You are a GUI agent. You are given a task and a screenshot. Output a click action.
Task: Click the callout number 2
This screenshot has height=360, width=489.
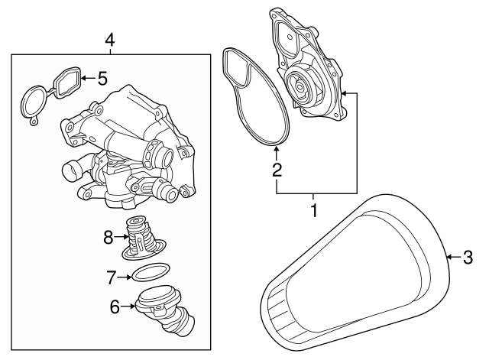tap(278, 170)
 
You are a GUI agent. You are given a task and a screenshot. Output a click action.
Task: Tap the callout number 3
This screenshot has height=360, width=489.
tap(468, 258)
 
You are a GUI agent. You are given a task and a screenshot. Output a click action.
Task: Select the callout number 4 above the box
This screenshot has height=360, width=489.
tap(110, 39)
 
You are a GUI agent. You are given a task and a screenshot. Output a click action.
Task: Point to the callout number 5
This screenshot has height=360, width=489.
tap(102, 76)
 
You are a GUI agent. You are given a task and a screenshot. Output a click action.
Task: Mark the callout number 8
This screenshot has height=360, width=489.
tap(109, 237)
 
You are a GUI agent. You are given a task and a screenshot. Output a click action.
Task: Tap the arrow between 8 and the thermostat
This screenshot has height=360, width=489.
tap(122, 237)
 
